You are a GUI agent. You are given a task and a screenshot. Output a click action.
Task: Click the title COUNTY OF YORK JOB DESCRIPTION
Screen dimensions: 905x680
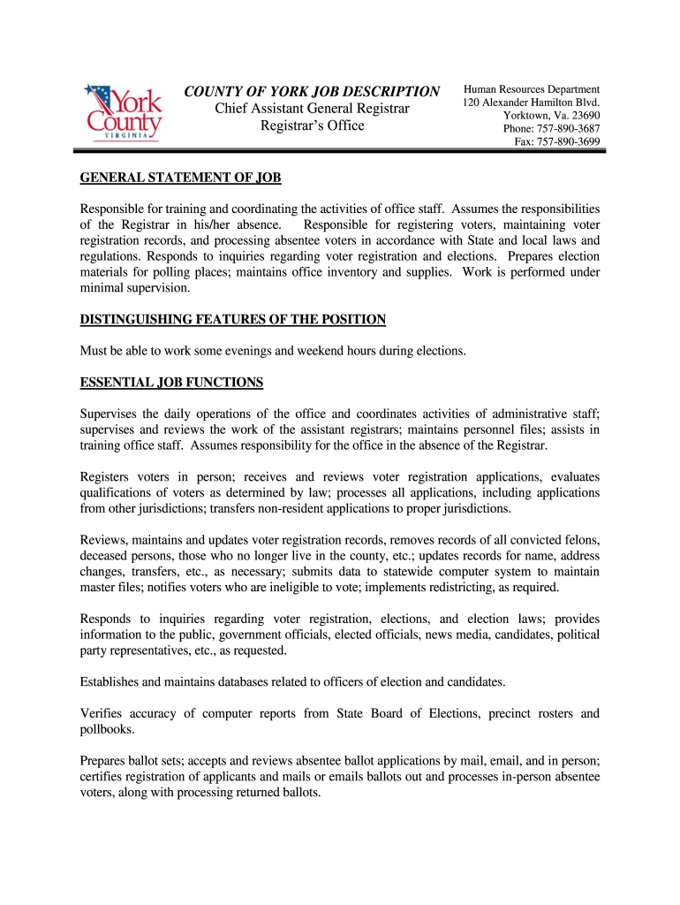point(311,92)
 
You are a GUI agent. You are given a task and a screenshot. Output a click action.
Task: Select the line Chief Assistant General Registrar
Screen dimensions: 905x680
point(313,109)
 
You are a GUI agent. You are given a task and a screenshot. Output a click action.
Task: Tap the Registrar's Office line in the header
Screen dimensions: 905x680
point(312,125)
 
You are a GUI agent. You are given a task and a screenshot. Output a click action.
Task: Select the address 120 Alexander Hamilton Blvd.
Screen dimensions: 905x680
point(531,103)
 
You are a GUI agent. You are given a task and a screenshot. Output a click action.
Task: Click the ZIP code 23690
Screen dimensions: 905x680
point(584,116)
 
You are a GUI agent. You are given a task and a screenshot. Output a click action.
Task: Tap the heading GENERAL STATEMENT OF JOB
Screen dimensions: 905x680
point(180,178)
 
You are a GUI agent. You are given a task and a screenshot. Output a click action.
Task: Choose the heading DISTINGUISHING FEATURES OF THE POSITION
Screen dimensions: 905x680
point(233,319)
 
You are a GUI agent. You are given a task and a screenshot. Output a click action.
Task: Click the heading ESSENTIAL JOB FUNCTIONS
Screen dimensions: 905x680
point(171,383)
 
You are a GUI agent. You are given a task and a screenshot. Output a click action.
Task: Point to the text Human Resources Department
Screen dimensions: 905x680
point(532,89)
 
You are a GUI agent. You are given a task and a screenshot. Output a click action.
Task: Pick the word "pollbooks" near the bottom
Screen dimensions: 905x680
point(109,729)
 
